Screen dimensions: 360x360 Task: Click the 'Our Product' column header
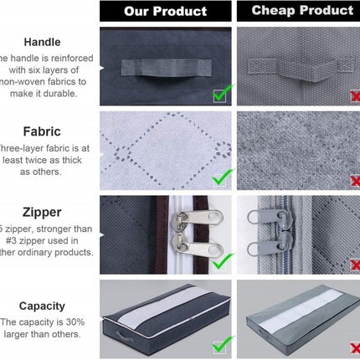click(165, 11)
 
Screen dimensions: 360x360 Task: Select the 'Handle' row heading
click(42, 41)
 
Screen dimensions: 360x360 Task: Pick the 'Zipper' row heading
click(42, 213)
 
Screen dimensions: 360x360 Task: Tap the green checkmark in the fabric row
click(222, 177)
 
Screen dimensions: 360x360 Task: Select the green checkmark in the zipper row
click(221, 261)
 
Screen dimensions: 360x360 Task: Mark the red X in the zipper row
click(355, 262)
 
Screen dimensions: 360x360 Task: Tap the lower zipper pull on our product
click(188, 249)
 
